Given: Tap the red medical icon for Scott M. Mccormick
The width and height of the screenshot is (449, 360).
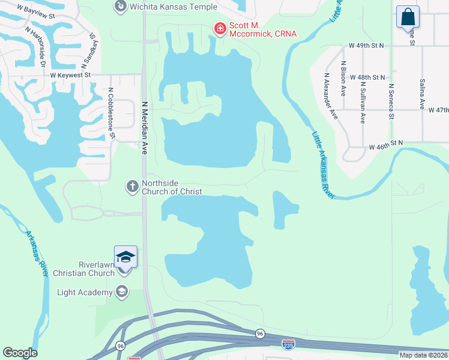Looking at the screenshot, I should click(220, 28).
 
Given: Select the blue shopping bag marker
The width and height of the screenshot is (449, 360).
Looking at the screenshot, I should click(408, 16).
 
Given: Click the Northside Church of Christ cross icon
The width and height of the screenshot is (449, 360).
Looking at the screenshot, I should click(132, 187).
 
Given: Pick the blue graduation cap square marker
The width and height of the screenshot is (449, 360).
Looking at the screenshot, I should click(126, 257).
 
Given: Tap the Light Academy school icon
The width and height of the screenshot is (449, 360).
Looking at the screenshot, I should click(122, 292).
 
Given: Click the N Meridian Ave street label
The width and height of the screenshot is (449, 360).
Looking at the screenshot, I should click(144, 127).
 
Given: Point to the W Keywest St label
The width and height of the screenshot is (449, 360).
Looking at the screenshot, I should click(70, 75).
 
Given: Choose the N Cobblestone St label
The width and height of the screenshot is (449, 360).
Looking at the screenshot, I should click(111, 114).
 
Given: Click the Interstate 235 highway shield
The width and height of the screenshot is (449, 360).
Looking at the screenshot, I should click(288, 344).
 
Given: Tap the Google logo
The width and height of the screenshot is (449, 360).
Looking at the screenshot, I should click(20, 353).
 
